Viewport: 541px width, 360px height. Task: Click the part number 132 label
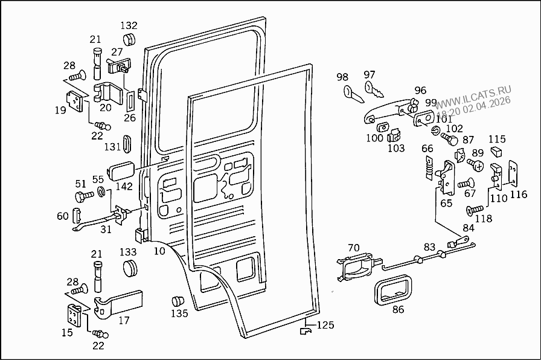129,25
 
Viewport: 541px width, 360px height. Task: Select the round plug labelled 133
130,268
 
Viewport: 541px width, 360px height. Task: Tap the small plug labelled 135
177,301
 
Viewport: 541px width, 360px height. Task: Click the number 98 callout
342,77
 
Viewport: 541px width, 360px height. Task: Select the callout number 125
325,325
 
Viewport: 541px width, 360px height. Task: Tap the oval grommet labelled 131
127,144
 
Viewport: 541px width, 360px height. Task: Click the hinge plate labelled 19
75,101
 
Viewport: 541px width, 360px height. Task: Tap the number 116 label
518,194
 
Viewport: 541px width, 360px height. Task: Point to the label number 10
159,250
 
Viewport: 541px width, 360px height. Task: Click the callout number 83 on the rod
429,246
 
